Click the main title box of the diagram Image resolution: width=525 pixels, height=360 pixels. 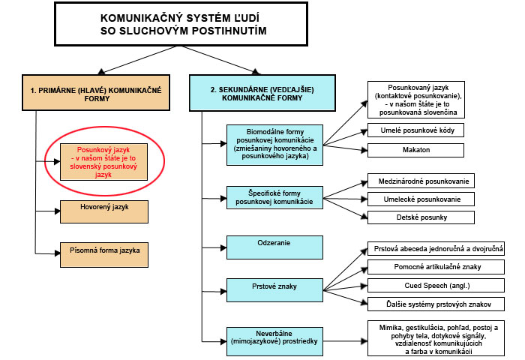tap(181, 24)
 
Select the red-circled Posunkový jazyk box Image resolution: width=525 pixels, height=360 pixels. tap(103, 162)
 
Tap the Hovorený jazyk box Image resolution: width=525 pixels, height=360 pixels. tap(104, 211)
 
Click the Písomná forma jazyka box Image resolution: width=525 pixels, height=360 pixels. tap(104, 255)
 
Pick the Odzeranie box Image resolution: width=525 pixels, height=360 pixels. tap(274, 247)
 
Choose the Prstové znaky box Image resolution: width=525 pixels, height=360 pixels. tap(274, 290)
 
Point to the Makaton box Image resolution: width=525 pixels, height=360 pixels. tap(415, 150)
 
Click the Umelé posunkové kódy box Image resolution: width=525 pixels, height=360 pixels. tap(415, 130)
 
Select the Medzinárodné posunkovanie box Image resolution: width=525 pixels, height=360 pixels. tap(421, 181)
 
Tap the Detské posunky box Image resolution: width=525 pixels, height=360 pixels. tap(421, 217)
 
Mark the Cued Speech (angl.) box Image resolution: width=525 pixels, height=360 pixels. tap(436, 285)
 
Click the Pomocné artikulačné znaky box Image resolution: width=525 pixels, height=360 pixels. tap(436, 267)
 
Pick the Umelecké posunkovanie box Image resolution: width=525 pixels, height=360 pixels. tap(421, 199)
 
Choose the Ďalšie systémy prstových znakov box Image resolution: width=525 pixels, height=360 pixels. tap(436, 304)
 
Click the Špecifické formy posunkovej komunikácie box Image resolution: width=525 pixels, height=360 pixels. tap(274, 197)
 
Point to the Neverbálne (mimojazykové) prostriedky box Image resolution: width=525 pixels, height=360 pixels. tap(274, 341)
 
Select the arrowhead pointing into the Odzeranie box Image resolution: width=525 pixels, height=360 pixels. tap(223, 247)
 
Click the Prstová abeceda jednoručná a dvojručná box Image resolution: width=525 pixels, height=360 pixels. tap(436, 249)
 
